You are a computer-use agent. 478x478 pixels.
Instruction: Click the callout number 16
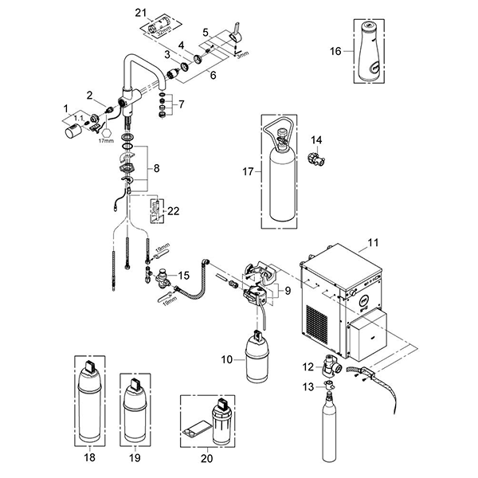[336, 51]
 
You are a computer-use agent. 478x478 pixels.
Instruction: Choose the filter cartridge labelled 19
[133, 407]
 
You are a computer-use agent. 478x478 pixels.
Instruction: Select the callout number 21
[141, 13]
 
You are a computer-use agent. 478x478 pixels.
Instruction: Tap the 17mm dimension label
[105, 141]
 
